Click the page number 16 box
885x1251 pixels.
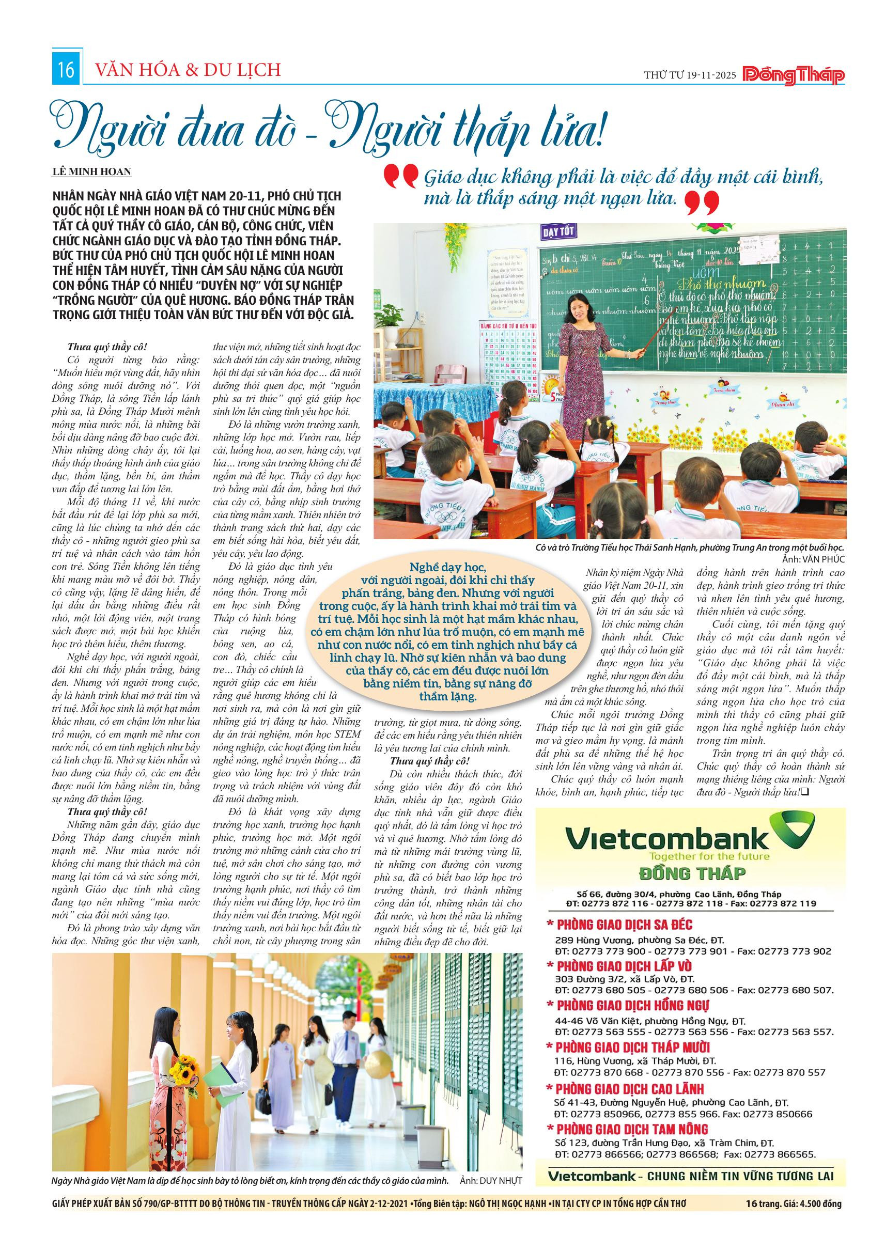[x=67, y=70]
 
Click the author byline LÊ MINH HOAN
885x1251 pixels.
[x=92, y=172]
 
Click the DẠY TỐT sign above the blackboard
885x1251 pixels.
[x=559, y=231]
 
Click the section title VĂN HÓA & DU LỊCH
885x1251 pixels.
[x=188, y=70]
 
